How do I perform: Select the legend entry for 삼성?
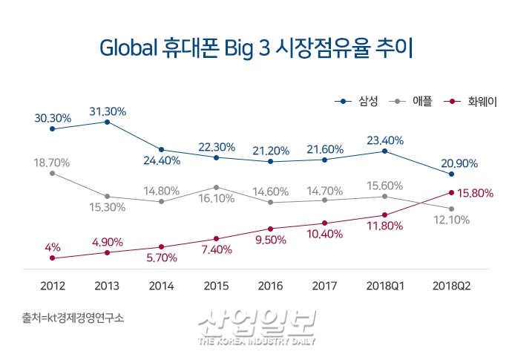359,101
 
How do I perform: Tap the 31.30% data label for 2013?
107,111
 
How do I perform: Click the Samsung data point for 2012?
52,129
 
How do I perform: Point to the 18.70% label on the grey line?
52,161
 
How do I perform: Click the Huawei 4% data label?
52,246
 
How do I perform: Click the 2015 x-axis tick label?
216,286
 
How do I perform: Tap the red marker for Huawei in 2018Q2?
450,192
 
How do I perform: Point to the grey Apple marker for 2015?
216,187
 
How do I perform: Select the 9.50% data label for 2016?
271,240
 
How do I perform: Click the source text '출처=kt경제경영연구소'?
73,317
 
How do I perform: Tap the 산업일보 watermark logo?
257,327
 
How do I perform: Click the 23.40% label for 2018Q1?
384,140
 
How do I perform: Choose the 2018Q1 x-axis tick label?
384,286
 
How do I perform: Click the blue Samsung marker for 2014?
162,150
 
